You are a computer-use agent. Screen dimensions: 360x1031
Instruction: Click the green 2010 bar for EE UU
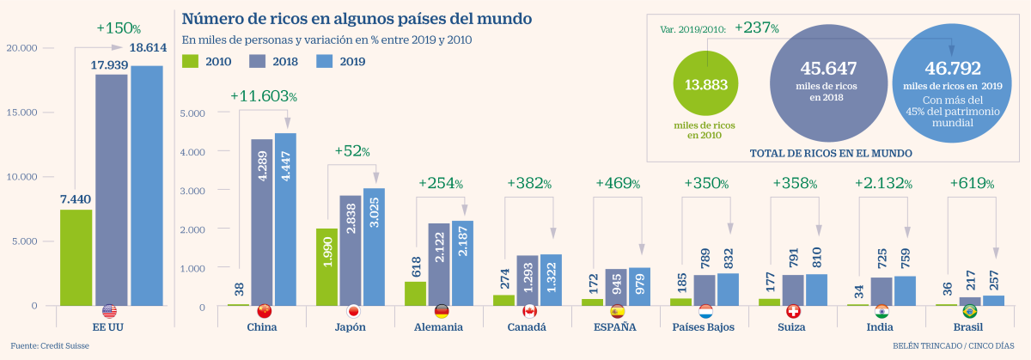click(x=76, y=258)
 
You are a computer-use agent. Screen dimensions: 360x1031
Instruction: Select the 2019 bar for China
click(x=285, y=220)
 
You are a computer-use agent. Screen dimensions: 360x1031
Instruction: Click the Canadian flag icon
click(x=529, y=311)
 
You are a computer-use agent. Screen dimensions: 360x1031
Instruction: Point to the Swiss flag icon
click(x=795, y=311)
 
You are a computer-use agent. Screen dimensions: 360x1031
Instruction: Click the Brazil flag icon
click(x=970, y=311)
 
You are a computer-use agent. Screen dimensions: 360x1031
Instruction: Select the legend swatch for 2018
click(x=259, y=61)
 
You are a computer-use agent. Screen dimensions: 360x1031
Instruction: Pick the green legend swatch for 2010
click(x=192, y=61)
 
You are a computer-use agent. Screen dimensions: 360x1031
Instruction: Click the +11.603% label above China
click(x=264, y=98)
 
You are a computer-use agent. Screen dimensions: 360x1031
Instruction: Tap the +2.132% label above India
click(x=884, y=183)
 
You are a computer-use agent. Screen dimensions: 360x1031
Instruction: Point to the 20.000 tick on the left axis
click(x=22, y=48)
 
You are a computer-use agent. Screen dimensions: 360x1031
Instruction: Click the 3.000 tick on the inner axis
click(x=191, y=191)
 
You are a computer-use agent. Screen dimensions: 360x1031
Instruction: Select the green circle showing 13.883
click(x=706, y=84)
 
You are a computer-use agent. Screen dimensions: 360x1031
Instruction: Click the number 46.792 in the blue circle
click(x=952, y=68)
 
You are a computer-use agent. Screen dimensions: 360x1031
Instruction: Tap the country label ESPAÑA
click(x=615, y=327)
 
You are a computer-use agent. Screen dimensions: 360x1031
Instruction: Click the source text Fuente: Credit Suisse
click(x=50, y=346)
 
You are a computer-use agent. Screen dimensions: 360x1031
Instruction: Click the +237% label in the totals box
click(x=757, y=28)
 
